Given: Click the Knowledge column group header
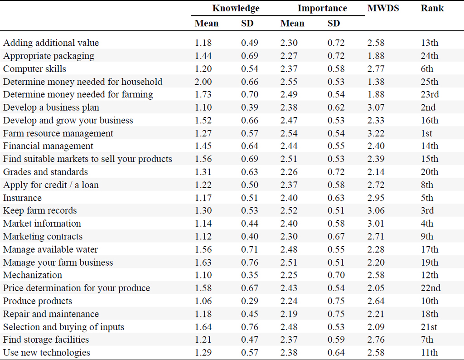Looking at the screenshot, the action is [236, 8].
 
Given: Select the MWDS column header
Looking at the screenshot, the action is [383, 8].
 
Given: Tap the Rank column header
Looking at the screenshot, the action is [432, 8].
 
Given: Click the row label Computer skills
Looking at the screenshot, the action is [34, 69].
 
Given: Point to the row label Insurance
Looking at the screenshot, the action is [22, 198].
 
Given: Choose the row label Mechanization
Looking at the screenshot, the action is [33, 275].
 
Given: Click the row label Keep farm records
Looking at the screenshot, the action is [40, 210].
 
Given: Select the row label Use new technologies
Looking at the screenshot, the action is [47, 353].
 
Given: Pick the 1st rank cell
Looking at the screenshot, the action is [426, 133].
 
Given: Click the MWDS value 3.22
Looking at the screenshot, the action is [376, 133].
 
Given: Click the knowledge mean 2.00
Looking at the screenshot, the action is [203, 82].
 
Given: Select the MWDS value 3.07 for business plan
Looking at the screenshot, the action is [376, 107].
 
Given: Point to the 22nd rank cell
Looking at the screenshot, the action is [430, 288].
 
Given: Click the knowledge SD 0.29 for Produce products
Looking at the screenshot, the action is [250, 301].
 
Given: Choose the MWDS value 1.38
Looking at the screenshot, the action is [376, 82].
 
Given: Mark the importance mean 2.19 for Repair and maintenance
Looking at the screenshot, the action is [289, 314].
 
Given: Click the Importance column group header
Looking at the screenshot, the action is [322, 8].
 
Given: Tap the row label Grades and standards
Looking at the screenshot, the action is [46, 172].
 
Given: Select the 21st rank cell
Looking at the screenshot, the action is [429, 327].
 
